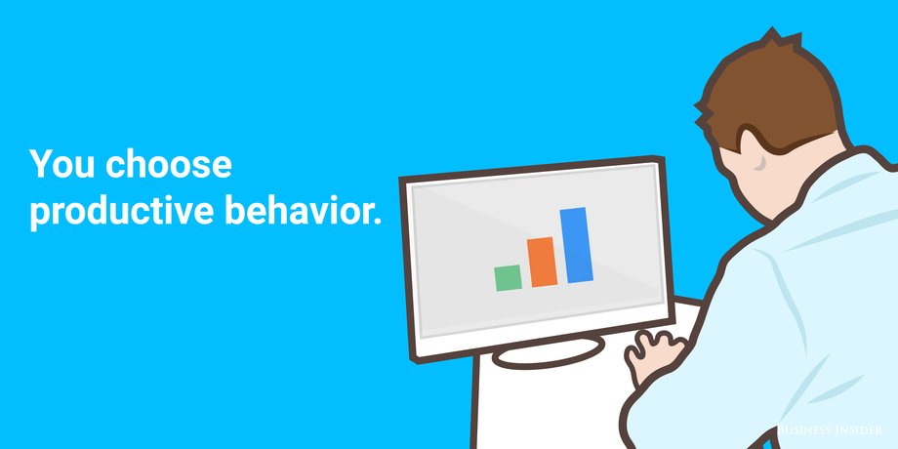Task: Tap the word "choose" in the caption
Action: tap(168, 164)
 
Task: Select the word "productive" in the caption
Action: tap(121, 212)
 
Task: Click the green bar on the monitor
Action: tap(508, 278)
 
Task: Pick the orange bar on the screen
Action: tap(542, 262)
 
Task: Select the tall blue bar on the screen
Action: tap(576, 245)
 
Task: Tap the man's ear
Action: tap(755, 160)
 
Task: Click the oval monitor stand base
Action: tap(548, 352)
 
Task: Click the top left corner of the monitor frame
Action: tap(401, 179)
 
